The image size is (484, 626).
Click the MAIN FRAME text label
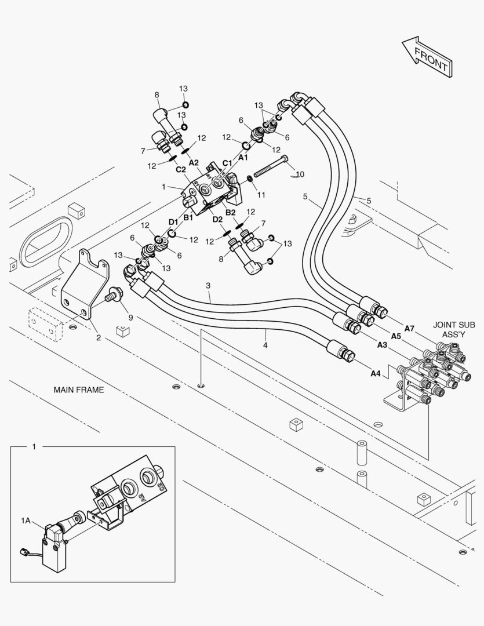[x=79, y=390]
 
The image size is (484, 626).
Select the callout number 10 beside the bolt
[x=300, y=174]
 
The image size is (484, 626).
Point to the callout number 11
[x=261, y=195]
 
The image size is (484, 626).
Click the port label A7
[x=409, y=329]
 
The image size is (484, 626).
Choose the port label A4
[x=375, y=374]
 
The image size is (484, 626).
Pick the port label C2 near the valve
[x=181, y=170]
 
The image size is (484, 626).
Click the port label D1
[x=173, y=222]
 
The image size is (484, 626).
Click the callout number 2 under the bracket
[x=98, y=337]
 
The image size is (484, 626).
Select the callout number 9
[x=130, y=317]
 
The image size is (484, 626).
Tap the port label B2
[x=230, y=213]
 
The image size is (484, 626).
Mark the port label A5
[x=396, y=336]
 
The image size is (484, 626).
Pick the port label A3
[x=382, y=345]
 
